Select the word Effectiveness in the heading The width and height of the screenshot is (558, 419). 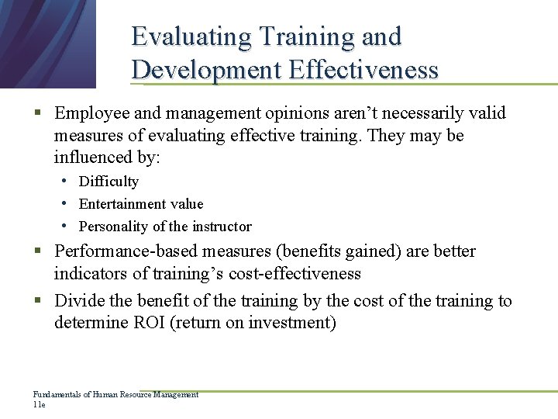(x=363, y=70)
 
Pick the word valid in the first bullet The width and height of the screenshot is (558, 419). (x=487, y=113)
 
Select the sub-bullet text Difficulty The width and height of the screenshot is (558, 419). (x=108, y=182)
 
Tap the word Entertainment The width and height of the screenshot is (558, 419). (x=120, y=204)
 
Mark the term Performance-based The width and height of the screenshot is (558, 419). (x=127, y=251)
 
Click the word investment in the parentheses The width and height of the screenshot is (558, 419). (x=292, y=323)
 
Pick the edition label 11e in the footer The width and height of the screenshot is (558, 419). (x=39, y=405)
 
